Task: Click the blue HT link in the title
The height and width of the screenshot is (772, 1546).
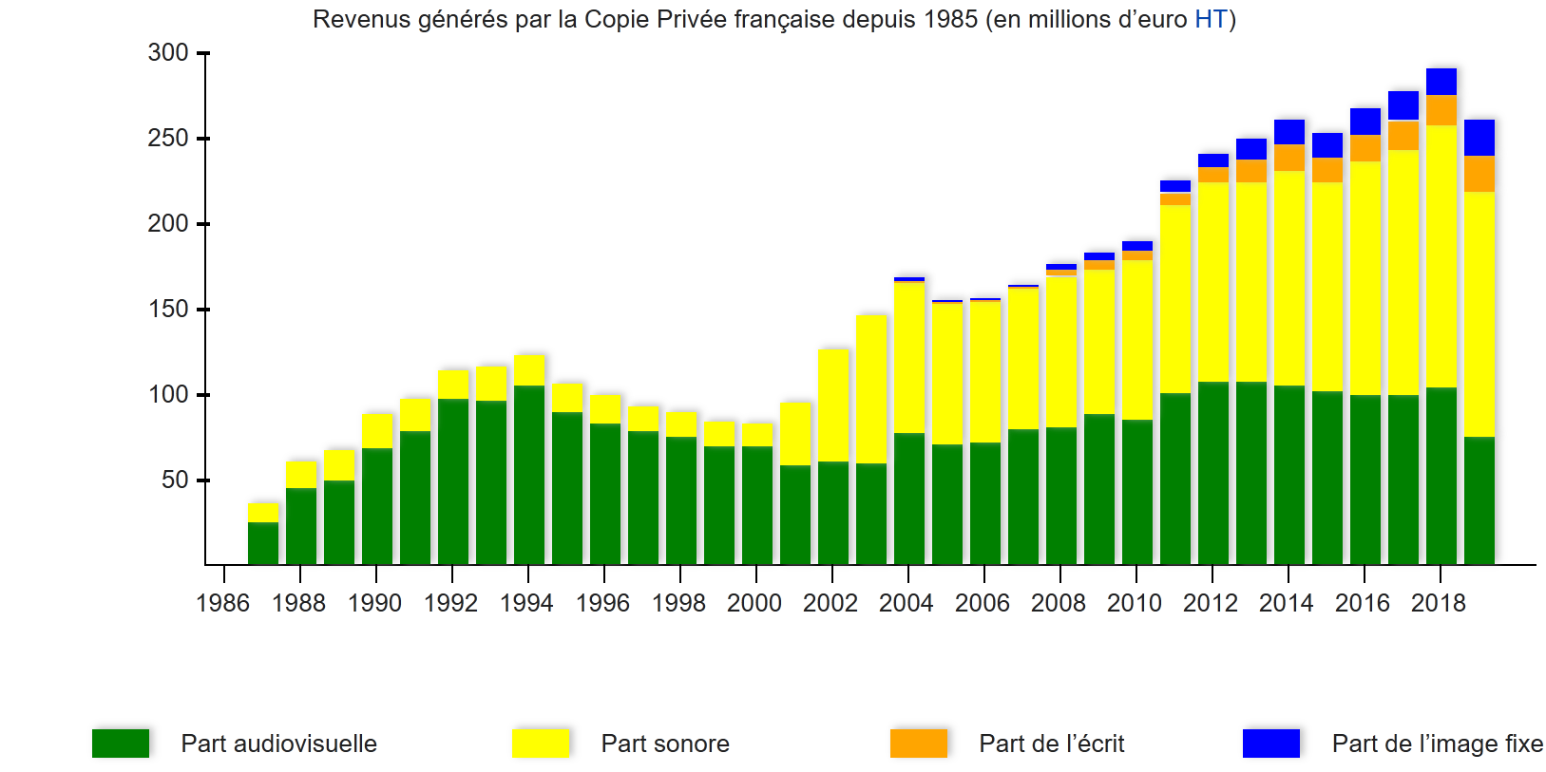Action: (x=1211, y=20)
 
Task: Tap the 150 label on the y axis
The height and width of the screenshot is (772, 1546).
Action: (x=168, y=310)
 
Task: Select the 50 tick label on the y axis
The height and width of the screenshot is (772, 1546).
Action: (x=175, y=480)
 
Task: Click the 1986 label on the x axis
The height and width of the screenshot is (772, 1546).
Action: (x=222, y=603)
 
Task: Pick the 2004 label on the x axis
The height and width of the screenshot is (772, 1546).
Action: (x=906, y=603)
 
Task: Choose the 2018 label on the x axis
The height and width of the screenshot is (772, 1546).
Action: (x=1438, y=603)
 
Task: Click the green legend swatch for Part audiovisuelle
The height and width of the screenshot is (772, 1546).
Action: (x=121, y=744)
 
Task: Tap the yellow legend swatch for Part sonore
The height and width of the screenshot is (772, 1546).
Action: (x=541, y=744)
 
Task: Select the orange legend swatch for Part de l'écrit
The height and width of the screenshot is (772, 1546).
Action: (x=919, y=744)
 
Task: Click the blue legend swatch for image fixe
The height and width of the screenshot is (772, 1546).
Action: (x=1271, y=744)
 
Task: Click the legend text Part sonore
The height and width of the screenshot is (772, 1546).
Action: (x=665, y=744)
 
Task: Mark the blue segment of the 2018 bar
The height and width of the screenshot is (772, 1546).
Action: (x=1441, y=82)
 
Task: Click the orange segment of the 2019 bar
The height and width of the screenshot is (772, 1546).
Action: (x=1479, y=174)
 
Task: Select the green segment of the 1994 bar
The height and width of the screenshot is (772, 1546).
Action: (x=529, y=475)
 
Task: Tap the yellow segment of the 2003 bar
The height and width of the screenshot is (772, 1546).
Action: (x=871, y=389)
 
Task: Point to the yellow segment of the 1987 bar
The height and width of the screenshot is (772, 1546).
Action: (x=263, y=513)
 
